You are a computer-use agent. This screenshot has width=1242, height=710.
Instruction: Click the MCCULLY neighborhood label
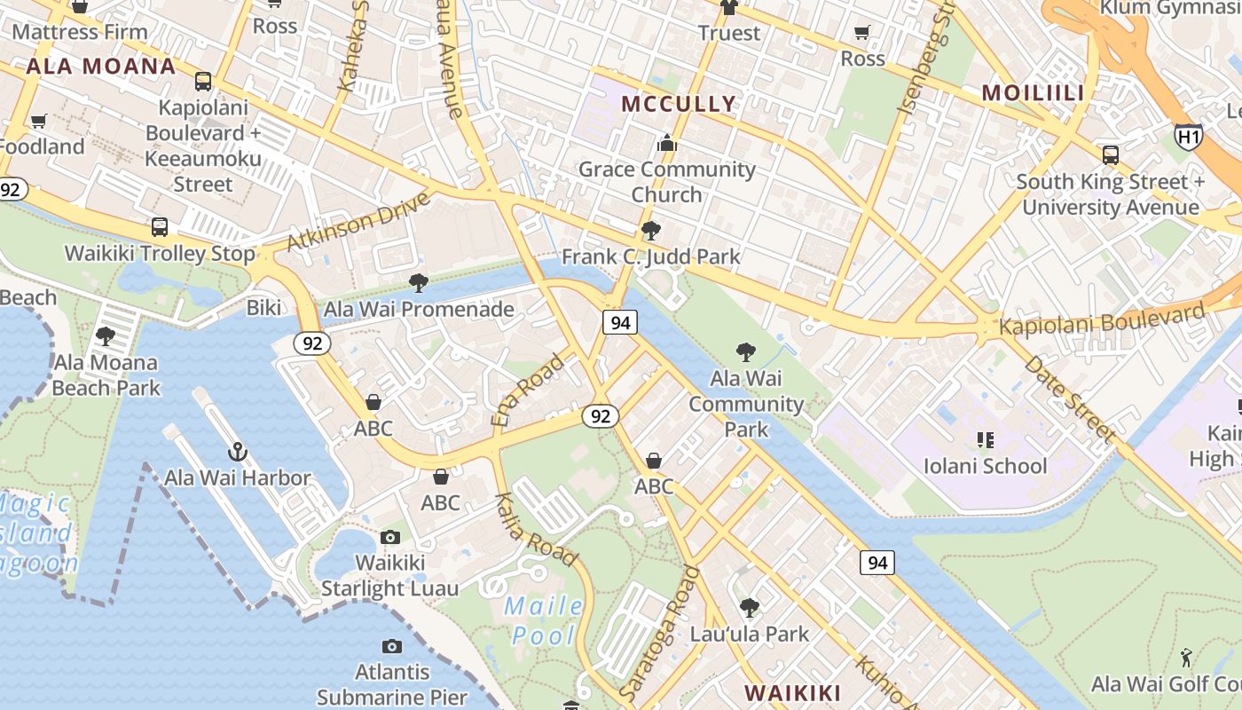tap(679, 104)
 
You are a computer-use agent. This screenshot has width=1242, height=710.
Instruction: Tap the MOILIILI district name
tap(1034, 92)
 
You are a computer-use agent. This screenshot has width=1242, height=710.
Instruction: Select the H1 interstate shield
tap(1188, 136)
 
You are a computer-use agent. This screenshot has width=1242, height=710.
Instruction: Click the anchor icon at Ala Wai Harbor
tap(237, 452)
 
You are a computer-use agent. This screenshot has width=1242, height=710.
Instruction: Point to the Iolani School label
tap(985, 466)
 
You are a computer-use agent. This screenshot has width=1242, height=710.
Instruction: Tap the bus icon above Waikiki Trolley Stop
tap(160, 227)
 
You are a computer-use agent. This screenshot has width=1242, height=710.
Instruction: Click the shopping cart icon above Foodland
tap(38, 121)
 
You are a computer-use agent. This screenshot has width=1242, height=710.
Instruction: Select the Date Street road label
tap(1070, 398)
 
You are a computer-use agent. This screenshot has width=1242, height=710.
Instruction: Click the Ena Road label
tap(527, 390)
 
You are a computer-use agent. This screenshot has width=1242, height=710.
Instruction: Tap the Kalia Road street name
tap(537, 530)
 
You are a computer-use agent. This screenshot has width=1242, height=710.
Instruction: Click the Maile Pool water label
tap(543, 621)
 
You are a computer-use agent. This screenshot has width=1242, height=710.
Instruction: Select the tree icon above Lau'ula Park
tap(750, 608)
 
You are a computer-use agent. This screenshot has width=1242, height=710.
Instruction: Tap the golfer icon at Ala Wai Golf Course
tap(1186, 658)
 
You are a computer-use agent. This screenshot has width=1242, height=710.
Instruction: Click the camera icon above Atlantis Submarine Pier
tap(391, 646)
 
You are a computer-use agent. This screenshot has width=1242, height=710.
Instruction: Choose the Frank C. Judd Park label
tap(651, 257)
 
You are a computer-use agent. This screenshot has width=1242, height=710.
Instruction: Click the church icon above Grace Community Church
tap(667, 143)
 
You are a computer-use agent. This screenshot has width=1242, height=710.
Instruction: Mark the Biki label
tap(263, 308)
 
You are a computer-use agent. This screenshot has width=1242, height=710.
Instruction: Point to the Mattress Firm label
tap(80, 32)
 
